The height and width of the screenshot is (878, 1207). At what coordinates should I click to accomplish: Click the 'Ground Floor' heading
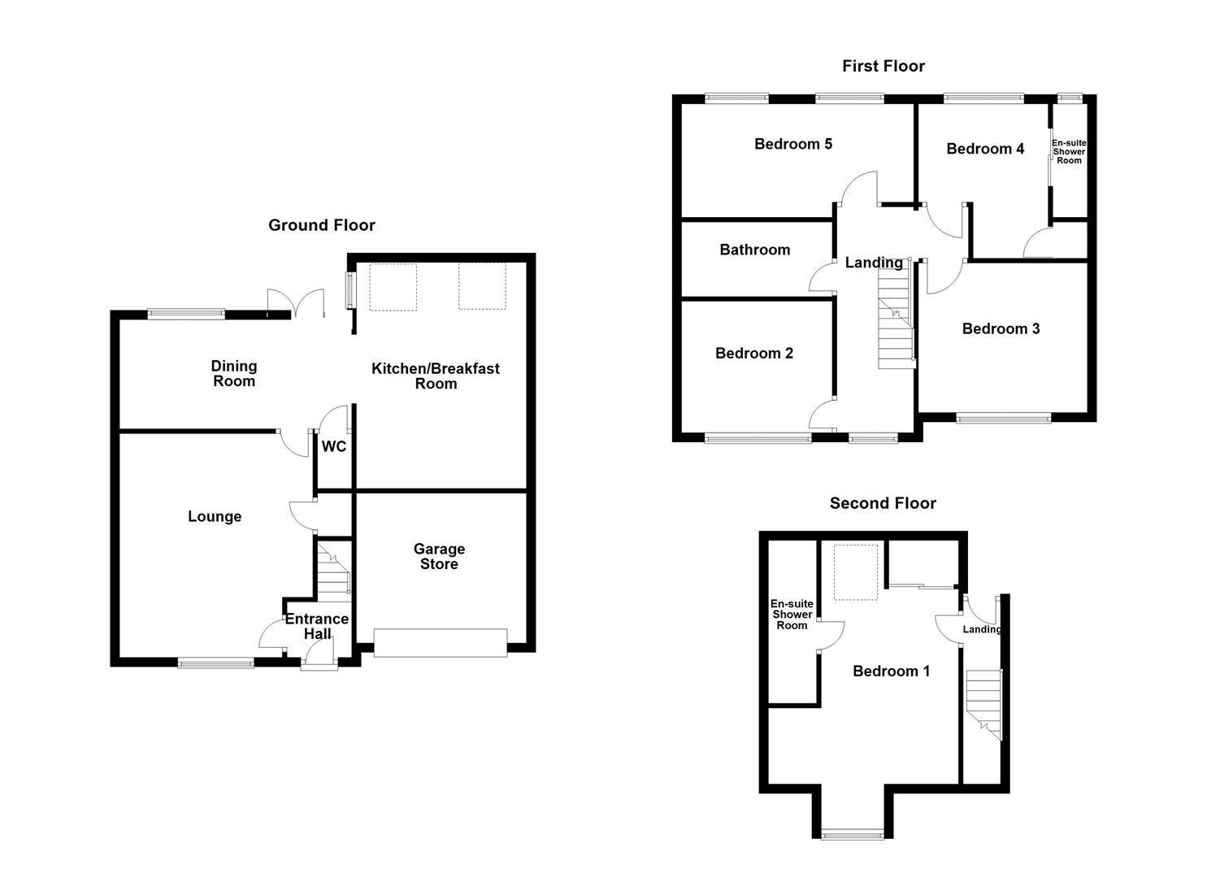(x=322, y=225)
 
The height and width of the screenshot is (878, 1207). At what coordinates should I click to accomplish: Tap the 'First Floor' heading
(x=883, y=66)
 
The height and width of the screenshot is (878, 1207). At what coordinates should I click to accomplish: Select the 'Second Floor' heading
(x=883, y=503)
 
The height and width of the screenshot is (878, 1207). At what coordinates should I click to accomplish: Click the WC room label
(x=334, y=446)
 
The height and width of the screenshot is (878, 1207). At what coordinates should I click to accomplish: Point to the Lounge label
(x=215, y=516)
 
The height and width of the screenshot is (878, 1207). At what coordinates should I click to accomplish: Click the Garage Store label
(x=439, y=557)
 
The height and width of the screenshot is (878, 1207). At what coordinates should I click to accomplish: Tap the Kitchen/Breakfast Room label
(x=436, y=376)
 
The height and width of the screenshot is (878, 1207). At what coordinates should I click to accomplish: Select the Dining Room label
(x=234, y=374)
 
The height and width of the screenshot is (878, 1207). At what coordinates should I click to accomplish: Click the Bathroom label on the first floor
(x=754, y=250)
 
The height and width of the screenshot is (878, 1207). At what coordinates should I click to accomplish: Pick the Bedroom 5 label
(x=793, y=144)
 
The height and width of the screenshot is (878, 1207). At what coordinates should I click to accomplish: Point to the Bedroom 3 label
(x=1001, y=328)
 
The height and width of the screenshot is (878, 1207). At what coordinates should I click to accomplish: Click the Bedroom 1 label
(x=891, y=671)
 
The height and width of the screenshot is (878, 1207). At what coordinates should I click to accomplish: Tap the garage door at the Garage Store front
(x=440, y=642)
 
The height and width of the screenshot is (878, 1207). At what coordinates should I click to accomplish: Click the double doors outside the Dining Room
(x=290, y=304)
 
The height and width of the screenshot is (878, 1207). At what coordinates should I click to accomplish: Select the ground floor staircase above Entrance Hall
(x=333, y=572)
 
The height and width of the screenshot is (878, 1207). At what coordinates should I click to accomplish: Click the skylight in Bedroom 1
(x=856, y=572)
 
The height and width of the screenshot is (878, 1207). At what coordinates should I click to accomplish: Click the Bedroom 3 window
(x=1003, y=419)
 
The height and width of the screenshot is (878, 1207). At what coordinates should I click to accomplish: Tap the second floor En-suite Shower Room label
(x=792, y=615)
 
